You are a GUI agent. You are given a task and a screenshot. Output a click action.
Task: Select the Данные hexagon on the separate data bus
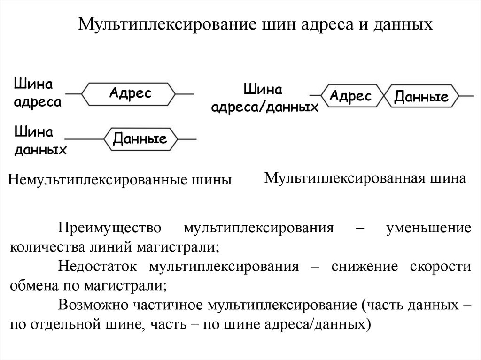click(x=140, y=139)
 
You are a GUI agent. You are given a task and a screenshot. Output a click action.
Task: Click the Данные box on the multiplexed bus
click(x=421, y=98)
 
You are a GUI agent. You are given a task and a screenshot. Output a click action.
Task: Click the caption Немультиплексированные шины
click(x=119, y=179)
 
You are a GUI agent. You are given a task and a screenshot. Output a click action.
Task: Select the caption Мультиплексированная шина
click(x=365, y=178)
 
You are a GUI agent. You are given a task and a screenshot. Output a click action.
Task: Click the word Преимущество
click(x=110, y=229)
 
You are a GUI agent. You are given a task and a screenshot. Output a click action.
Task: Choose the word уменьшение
click(x=428, y=229)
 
